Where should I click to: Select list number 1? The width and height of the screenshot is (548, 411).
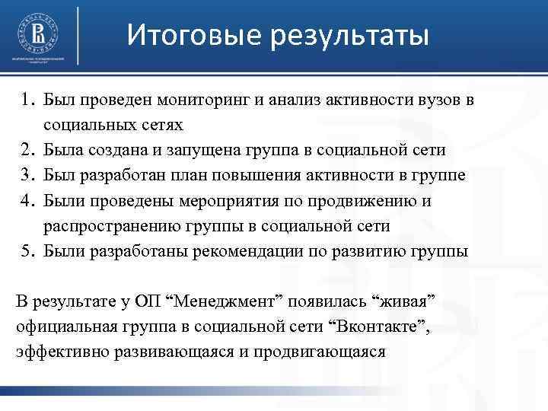(29, 100)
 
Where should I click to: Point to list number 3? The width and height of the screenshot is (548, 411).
(29, 176)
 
